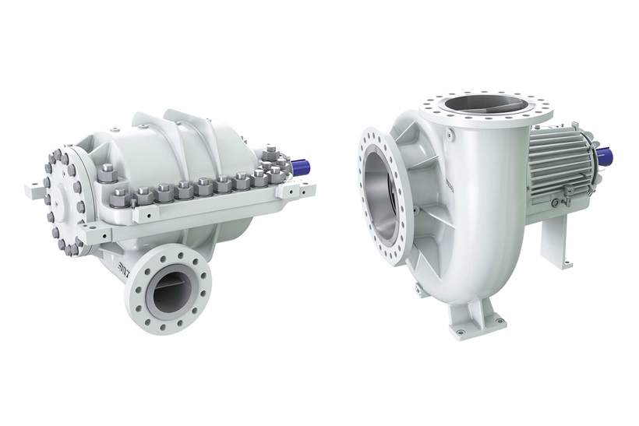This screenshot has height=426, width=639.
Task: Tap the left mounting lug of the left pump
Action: (x=37, y=188)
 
